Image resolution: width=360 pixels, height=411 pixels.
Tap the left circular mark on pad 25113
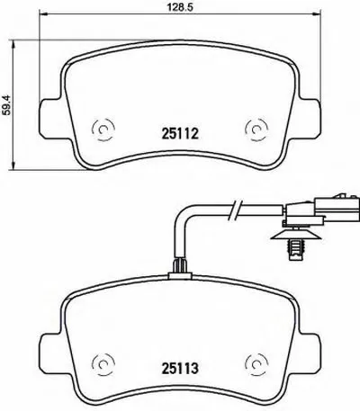102,367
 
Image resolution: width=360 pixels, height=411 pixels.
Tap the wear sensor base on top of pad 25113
179,266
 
